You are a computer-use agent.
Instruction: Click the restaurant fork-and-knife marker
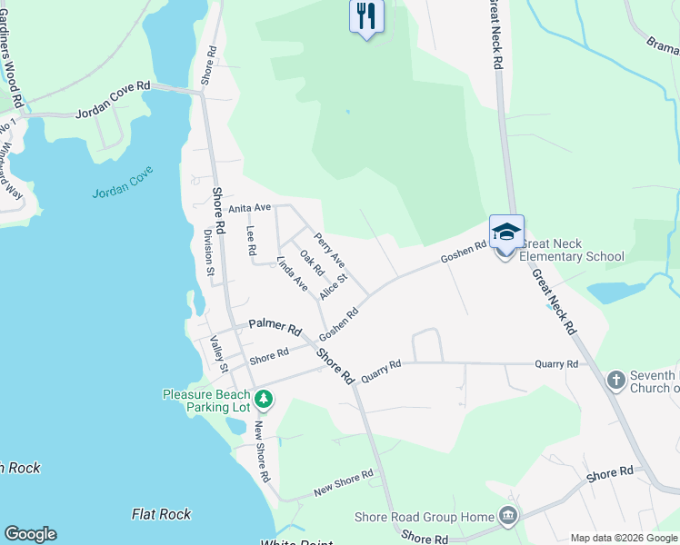366,15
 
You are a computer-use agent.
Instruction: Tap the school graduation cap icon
506,232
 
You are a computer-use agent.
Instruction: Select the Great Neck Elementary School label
572,250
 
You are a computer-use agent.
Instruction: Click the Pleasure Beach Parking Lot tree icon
264,398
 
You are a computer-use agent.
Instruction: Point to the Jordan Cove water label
123,182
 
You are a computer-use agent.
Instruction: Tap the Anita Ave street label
250,208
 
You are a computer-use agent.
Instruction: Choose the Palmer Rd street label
275,326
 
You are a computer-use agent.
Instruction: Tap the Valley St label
217,354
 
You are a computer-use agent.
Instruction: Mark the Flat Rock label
161,514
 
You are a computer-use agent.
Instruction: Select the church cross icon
615,380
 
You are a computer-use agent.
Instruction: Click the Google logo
30,534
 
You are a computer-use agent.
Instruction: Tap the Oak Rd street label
312,263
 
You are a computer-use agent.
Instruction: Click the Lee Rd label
252,241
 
